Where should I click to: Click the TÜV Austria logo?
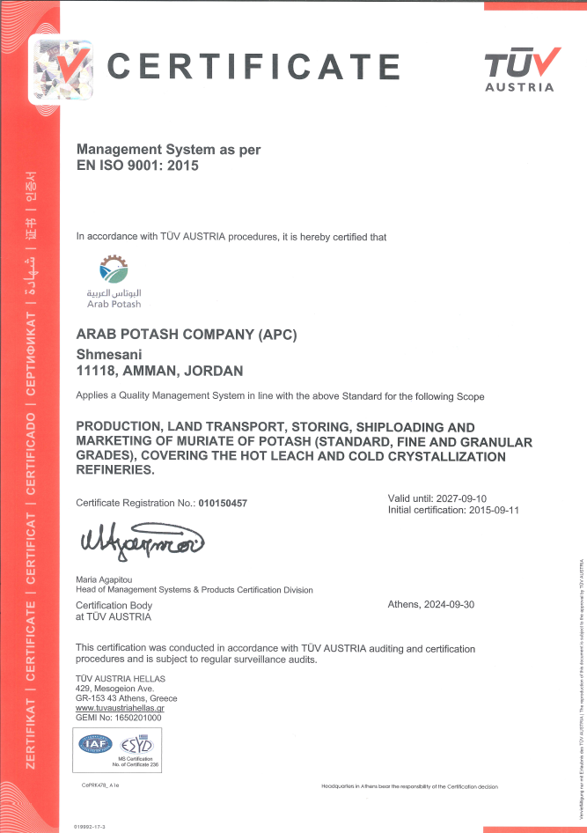[x=520, y=69]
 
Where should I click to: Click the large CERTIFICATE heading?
[x=253, y=66]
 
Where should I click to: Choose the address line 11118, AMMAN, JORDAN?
[x=160, y=371]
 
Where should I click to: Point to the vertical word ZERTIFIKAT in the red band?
[x=31, y=729]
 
